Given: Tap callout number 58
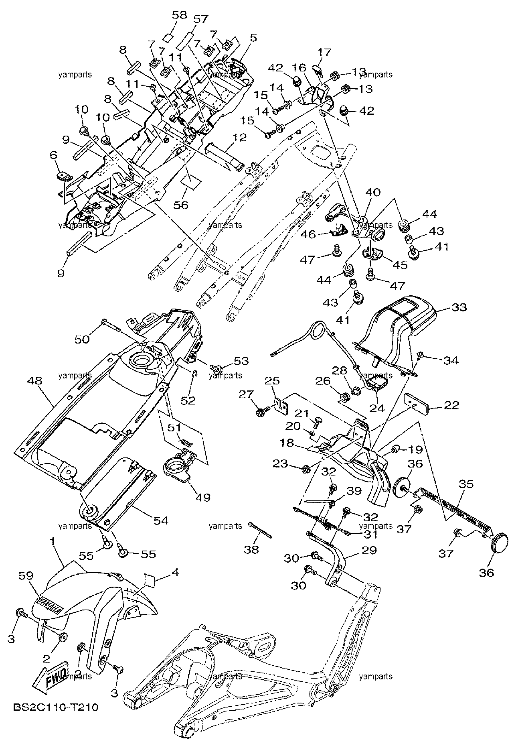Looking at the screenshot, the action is pos(179,15).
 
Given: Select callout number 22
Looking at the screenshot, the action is pos(451,405).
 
